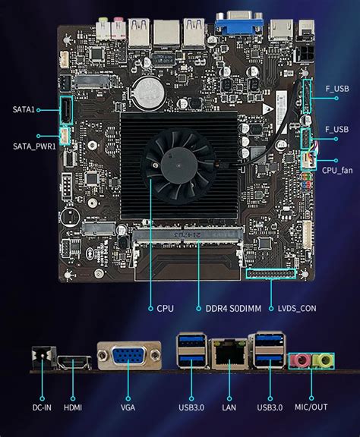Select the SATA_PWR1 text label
coord(33,146)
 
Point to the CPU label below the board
coord(165,308)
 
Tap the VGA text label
coord(128,407)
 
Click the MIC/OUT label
coord(311,407)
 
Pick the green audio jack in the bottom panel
coord(323,360)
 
